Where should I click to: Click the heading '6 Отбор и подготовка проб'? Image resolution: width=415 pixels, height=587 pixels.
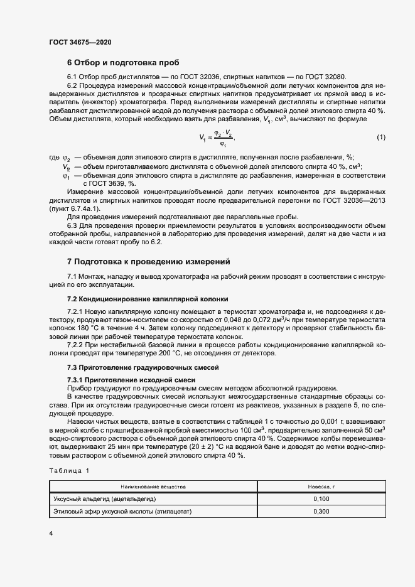coord(123,63)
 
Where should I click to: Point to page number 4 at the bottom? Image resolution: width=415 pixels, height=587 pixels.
coord(51,533)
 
